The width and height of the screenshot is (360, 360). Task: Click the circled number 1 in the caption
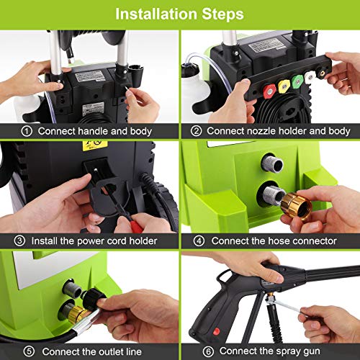pos(27,131)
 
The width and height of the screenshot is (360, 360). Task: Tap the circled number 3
pos(19,240)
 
